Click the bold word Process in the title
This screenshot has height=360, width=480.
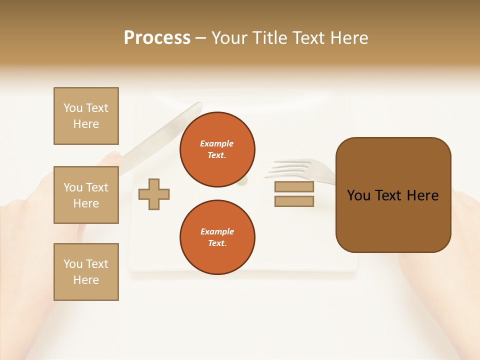(x=157, y=37)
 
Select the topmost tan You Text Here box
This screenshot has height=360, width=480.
(x=86, y=116)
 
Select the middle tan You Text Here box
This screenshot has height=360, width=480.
(x=86, y=195)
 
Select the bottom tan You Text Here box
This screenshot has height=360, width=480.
(x=86, y=271)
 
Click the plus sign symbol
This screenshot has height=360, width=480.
(x=154, y=194)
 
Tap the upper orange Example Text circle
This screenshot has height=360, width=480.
(x=217, y=149)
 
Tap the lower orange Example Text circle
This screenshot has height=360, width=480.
(x=217, y=237)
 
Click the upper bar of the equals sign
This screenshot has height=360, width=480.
(x=294, y=187)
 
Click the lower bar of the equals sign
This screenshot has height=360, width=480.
(x=294, y=201)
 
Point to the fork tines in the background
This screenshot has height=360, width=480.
(x=290, y=168)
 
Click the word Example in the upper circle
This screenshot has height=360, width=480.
(x=216, y=143)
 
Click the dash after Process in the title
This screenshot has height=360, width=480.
(x=201, y=38)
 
